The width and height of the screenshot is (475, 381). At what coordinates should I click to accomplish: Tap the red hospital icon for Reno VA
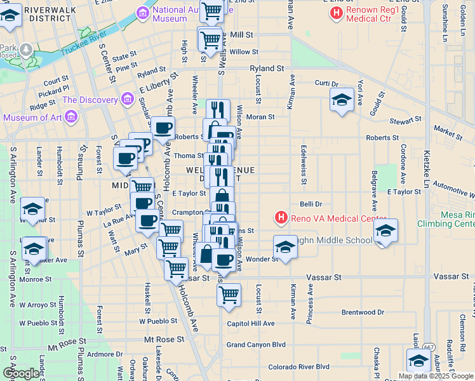click(x=281, y=218)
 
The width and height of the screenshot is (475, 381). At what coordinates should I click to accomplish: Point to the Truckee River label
click(x=83, y=48)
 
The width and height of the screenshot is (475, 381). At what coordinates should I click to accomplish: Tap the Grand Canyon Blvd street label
click(x=256, y=345)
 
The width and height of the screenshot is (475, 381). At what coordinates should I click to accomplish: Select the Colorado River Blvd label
click(x=298, y=366)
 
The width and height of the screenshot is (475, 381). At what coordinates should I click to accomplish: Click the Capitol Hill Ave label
click(x=251, y=323)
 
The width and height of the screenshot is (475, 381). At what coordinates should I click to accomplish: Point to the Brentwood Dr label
click(x=363, y=312)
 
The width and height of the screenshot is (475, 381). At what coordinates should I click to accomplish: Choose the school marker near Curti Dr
click(x=342, y=100)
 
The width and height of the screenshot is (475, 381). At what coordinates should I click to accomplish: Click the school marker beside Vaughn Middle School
click(x=285, y=246)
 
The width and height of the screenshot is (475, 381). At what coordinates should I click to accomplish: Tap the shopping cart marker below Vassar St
click(x=229, y=294)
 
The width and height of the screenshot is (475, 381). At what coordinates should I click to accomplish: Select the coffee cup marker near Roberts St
click(x=163, y=128)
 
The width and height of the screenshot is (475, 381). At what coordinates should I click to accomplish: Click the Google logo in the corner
click(x=21, y=373)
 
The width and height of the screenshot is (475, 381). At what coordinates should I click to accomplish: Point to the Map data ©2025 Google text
click(x=436, y=376)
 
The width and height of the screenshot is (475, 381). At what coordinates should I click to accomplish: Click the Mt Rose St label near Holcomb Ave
click(x=158, y=340)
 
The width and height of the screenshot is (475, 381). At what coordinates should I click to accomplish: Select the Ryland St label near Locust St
click(x=266, y=68)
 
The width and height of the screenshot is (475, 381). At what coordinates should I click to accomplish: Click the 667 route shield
click(x=429, y=346)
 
